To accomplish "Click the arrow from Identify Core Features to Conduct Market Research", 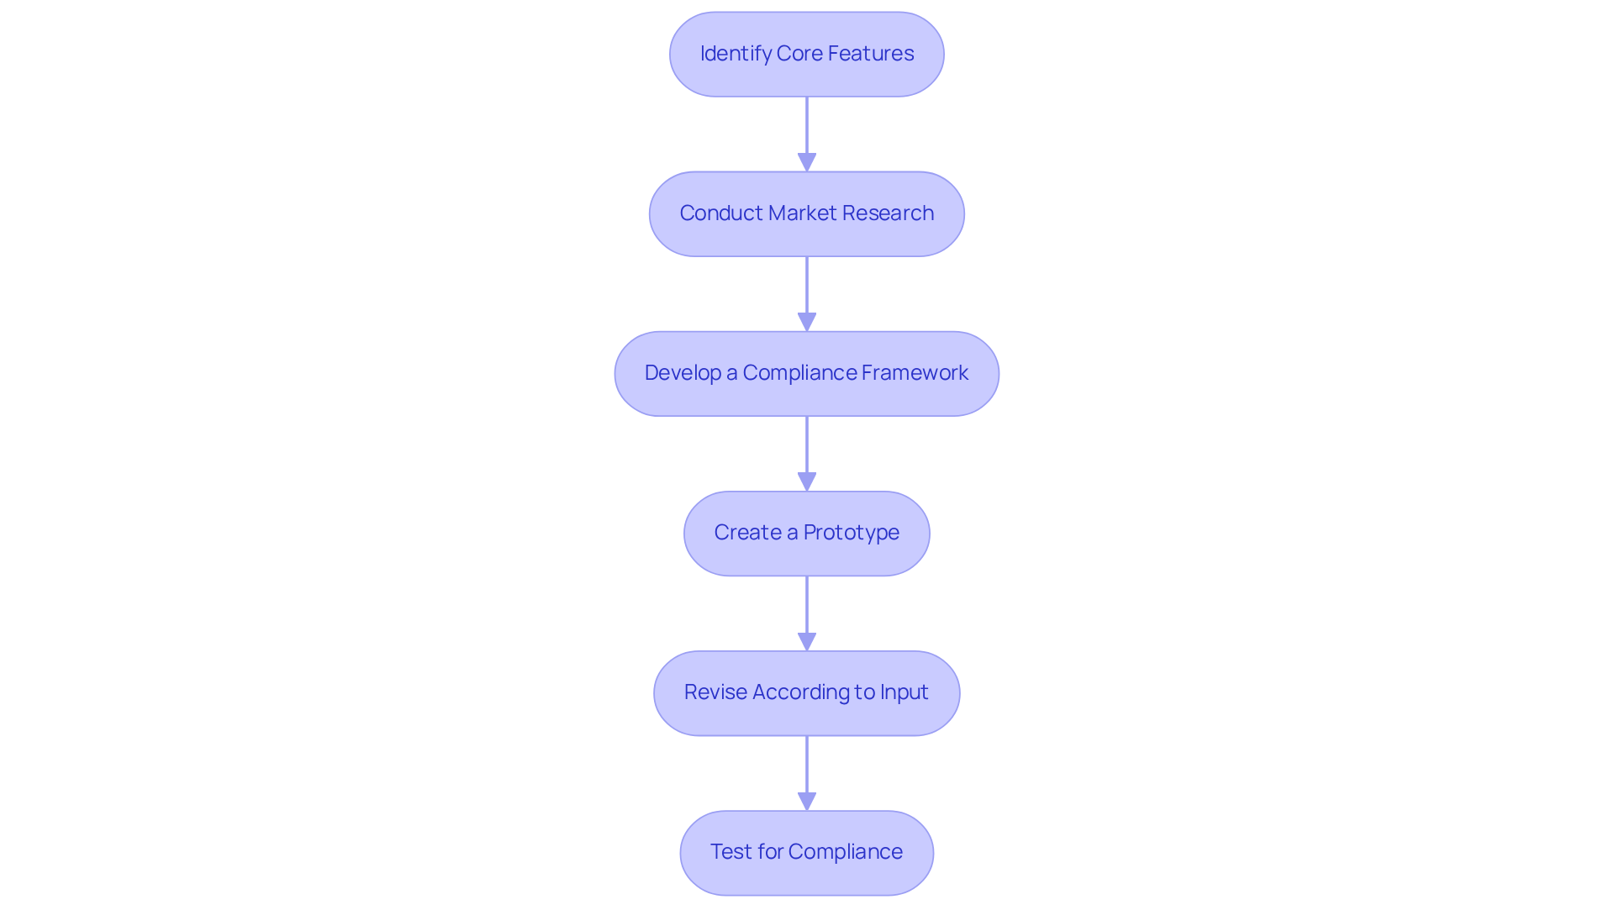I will [806, 130].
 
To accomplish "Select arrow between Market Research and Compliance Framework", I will [806, 290].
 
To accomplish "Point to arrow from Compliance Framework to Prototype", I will [806, 450].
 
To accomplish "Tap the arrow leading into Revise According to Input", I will [806, 609].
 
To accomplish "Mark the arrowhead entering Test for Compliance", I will [806, 801].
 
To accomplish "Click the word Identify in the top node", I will [735, 54].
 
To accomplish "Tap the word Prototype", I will [851, 533].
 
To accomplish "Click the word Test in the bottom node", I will [731, 852].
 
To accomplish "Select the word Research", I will [888, 213].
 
